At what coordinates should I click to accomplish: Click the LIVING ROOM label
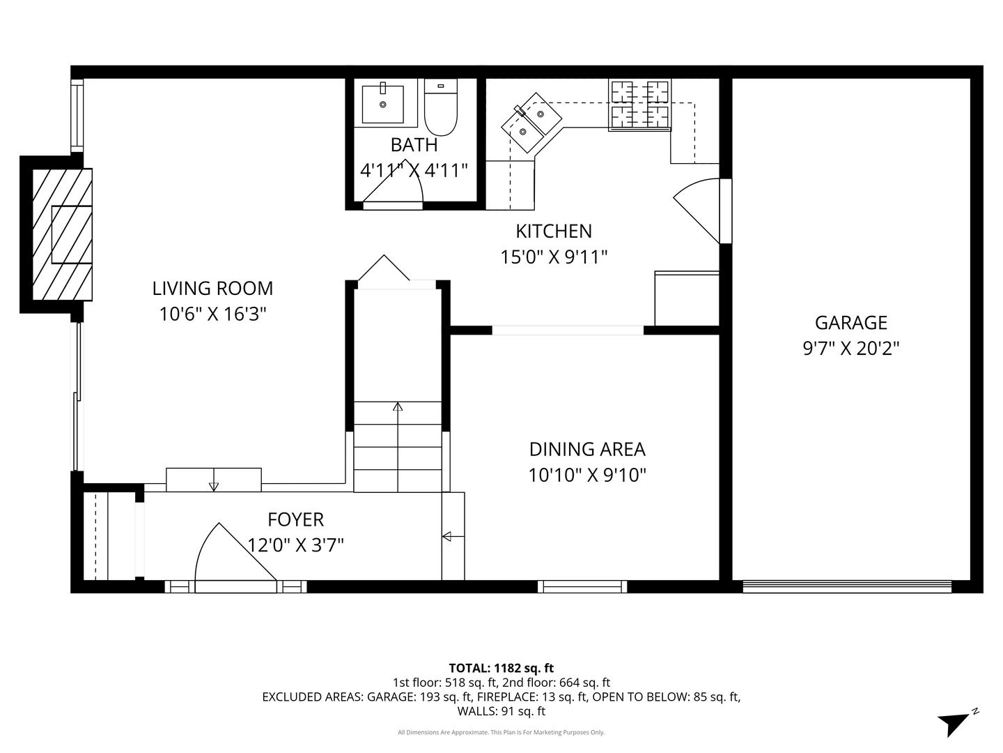click(212, 288)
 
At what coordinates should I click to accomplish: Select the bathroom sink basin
click(382, 103)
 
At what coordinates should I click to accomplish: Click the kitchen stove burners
click(639, 105)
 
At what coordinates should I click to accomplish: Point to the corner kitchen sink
click(531, 122)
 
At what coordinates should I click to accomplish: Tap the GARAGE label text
click(851, 323)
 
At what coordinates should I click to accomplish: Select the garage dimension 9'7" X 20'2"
click(851, 349)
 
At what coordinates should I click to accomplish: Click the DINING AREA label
click(587, 449)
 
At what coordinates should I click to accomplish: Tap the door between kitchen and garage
click(700, 209)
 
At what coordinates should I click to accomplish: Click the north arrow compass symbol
click(953, 722)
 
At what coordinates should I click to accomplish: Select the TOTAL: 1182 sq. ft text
click(501, 668)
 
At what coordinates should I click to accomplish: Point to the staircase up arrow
click(398, 411)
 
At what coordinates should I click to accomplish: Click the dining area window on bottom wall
click(583, 587)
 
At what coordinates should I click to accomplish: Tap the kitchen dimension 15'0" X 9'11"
click(554, 257)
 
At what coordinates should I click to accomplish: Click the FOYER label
click(295, 519)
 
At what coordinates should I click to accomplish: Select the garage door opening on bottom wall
click(847, 587)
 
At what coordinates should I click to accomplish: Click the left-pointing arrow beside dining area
click(447, 536)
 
